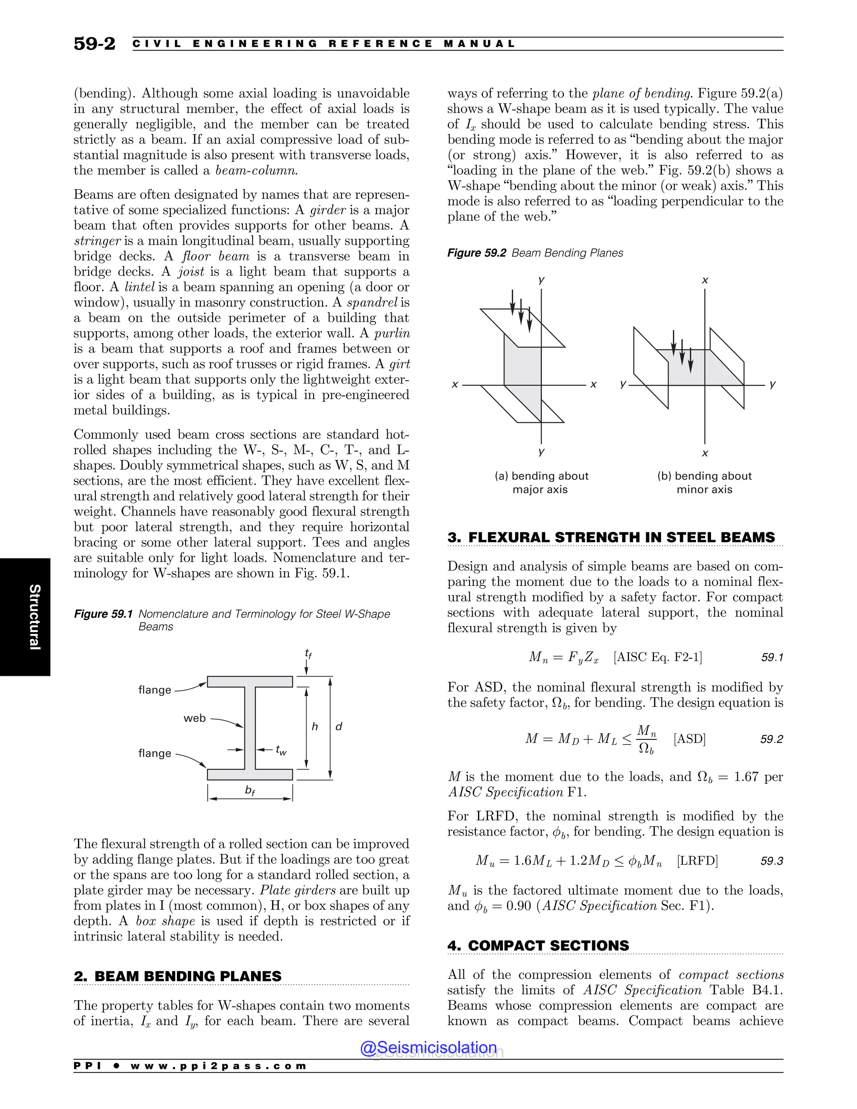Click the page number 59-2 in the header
point(95,44)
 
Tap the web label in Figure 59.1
point(195,718)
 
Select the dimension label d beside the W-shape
point(339,726)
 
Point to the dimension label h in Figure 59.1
point(315,726)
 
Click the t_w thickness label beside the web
point(281,750)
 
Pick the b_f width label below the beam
point(250,791)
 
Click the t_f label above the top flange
point(308,654)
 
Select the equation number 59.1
point(772,657)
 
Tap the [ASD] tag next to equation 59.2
point(690,739)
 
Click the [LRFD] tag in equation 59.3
point(697,861)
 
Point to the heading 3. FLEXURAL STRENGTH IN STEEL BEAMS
point(611,537)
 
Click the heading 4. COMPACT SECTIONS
point(538,945)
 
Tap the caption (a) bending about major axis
point(541,483)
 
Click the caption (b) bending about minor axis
point(704,483)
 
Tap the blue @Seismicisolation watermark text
point(428,1047)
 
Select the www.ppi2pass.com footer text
point(218,1066)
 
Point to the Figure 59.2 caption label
point(476,253)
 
